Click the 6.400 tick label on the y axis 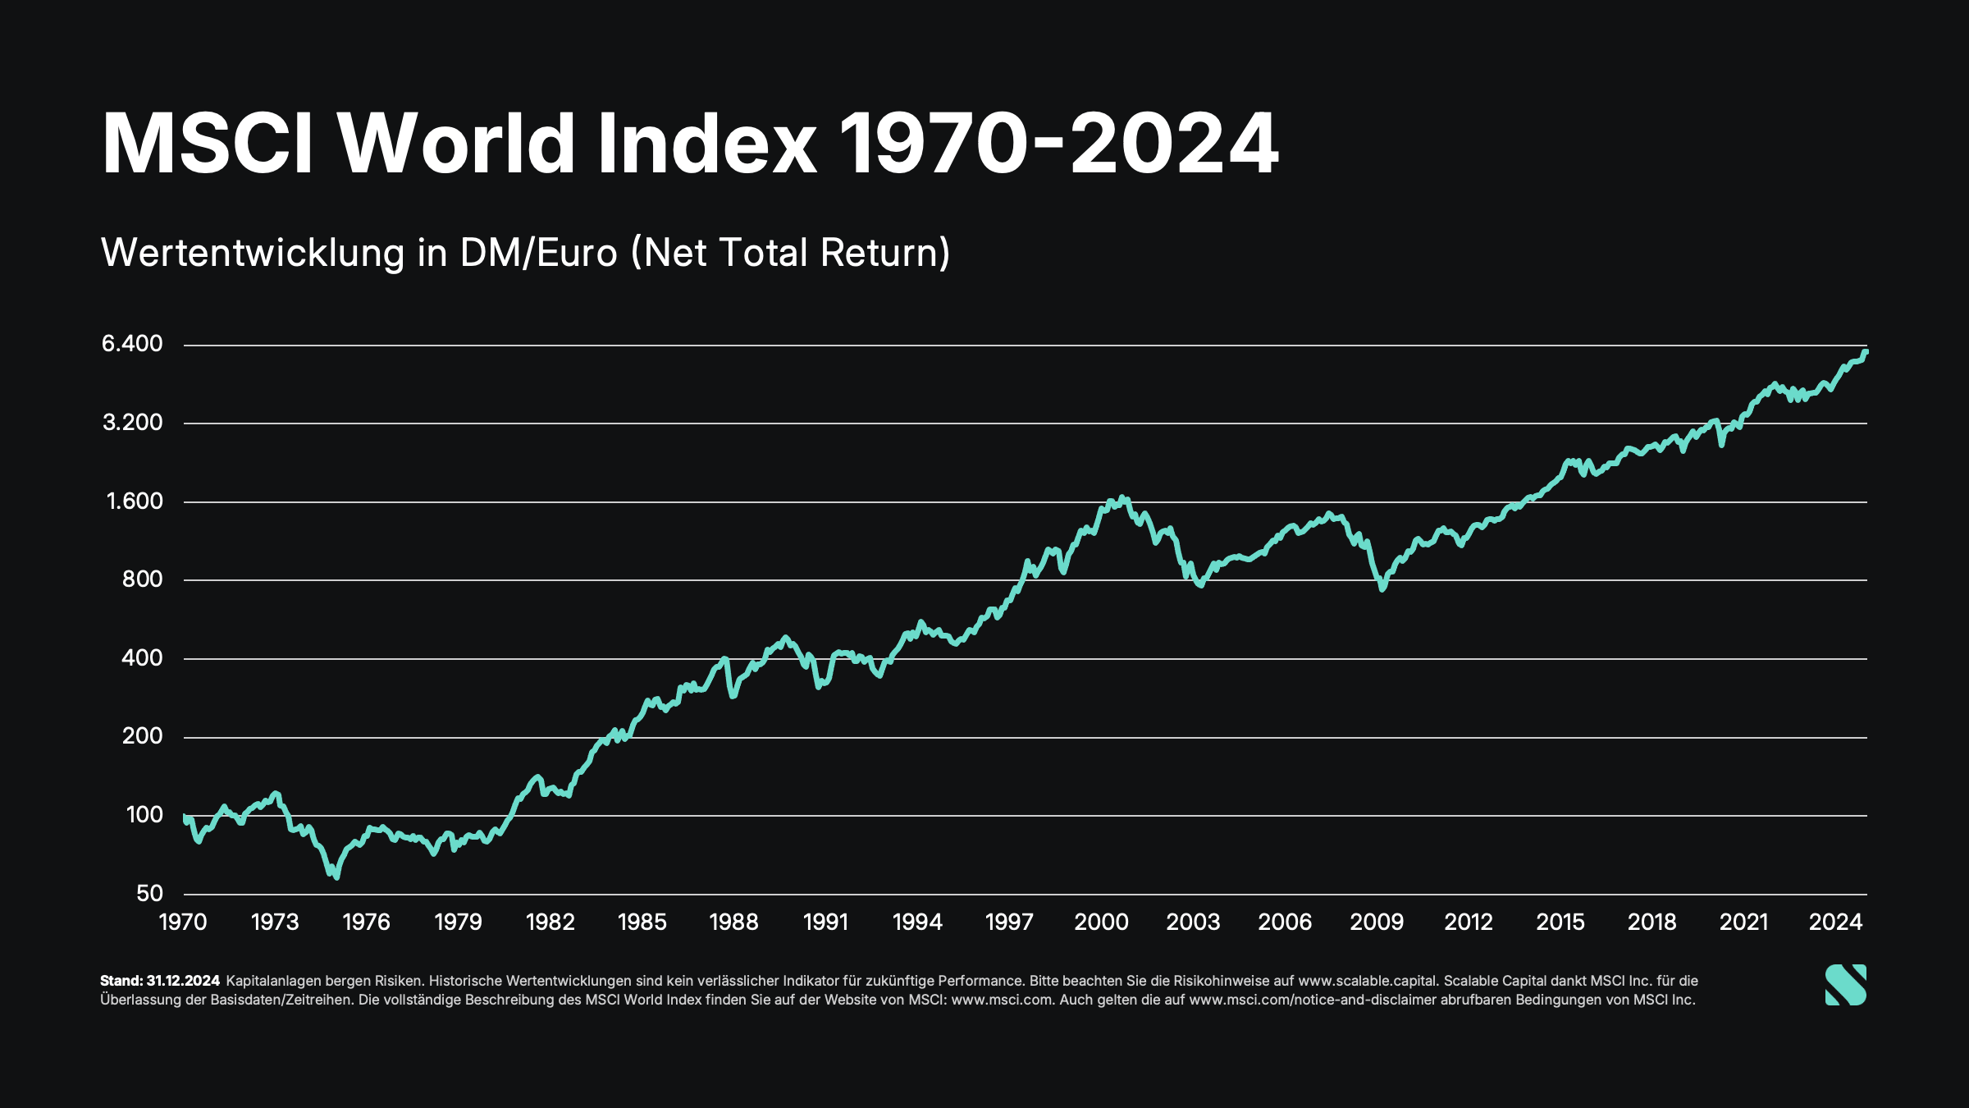pyautogui.click(x=132, y=344)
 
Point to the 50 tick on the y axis pyautogui.click(x=149, y=893)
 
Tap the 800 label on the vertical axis pyautogui.click(x=142, y=579)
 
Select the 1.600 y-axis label pyautogui.click(x=135, y=501)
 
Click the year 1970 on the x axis pyautogui.click(x=183, y=923)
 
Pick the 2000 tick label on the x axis pyautogui.click(x=1101, y=923)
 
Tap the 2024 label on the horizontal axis pyautogui.click(x=1835, y=923)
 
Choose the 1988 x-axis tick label pyautogui.click(x=733, y=923)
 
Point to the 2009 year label pyautogui.click(x=1377, y=923)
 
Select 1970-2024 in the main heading pyautogui.click(x=1058, y=144)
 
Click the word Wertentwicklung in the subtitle pyautogui.click(x=253, y=253)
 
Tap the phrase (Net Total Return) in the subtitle pyautogui.click(x=790, y=253)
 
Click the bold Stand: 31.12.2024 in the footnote pyautogui.click(x=160, y=981)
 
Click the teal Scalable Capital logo pyautogui.click(x=1845, y=985)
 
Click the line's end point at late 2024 pyautogui.click(x=1866, y=352)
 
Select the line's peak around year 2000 pyautogui.click(x=1123, y=497)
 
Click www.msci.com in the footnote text pyautogui.click(x=1002, y=1000)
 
